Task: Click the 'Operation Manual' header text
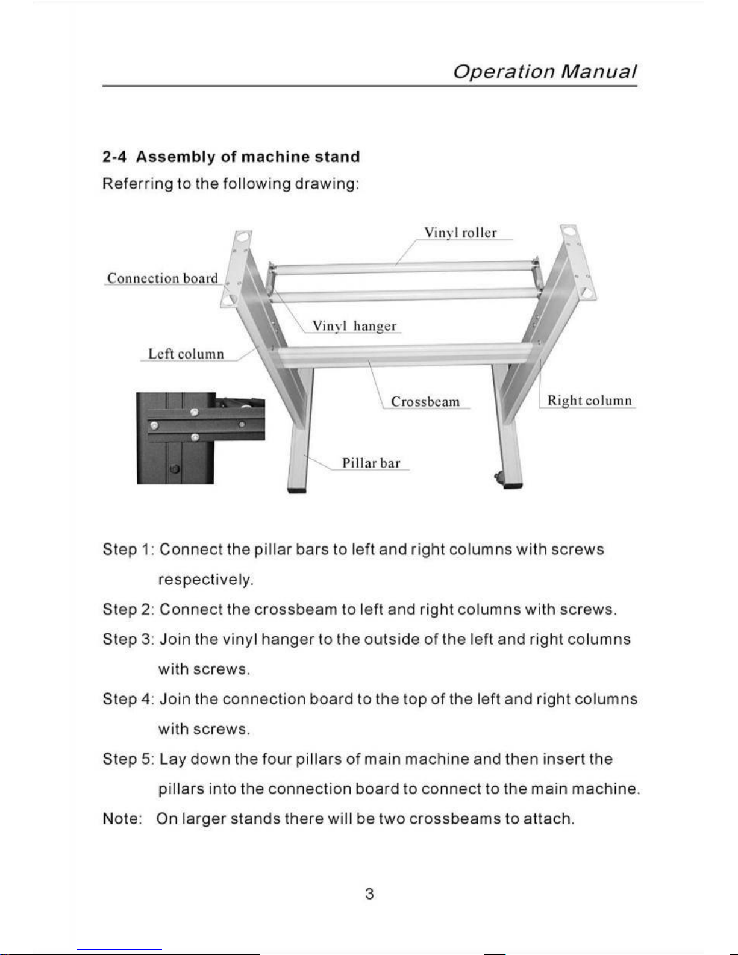tap(544, 72)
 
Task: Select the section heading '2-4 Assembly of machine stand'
tap(231, 157)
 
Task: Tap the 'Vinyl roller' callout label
tap(460, 233)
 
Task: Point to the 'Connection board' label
tap(162, 278)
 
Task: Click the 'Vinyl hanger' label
tap(354, 326)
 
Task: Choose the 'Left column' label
tap(186, 354)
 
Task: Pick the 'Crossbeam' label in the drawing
tap(425, 402)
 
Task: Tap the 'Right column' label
tap(589, 401)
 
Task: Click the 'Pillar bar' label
tap(371, 463)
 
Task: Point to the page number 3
tap(369, 894)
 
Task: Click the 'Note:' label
tap(122, 819)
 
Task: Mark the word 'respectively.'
tap(205, 580)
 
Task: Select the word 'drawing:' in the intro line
tap(327, 184)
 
